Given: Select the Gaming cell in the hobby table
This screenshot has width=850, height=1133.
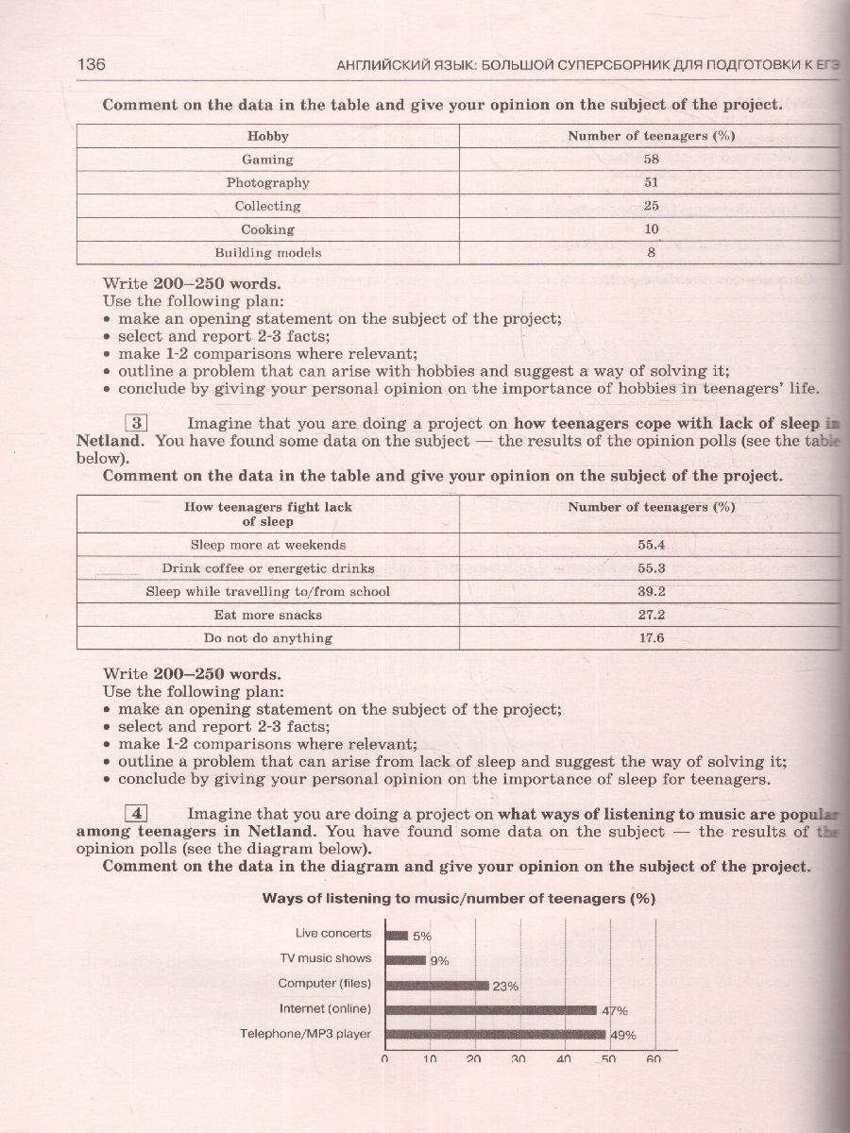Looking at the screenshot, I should pyautogui.click(x=268, y=160).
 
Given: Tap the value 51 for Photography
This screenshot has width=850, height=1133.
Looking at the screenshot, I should pyautogui.click(x=652, y=182).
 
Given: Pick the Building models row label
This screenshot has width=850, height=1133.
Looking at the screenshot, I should pyautogui.click(x=268, y=252).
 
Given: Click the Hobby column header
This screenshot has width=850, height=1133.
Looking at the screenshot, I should pyautogui.click(x=268, y=136).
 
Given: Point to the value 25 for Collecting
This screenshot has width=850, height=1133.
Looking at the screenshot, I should pyautogui.click(x=652, y=206).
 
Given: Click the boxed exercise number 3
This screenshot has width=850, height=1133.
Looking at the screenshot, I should pyautogui.click(x=137, y=423).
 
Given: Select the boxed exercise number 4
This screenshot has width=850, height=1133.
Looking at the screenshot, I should pyautogui.click(x=137, y=813).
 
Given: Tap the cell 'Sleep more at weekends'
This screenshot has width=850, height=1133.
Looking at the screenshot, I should pyautogui.click(x=268, y=545).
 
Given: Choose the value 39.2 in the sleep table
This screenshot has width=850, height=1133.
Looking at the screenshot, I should pyautogui.click(x=652, y=591).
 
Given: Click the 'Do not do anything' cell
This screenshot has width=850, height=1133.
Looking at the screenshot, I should pyautogui.click(x=268, y=638).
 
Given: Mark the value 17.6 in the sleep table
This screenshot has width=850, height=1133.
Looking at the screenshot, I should pyautogui.click(x=652, y=638).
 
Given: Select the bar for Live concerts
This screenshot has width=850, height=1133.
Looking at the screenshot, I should pyautogui.click(x=397, y=935).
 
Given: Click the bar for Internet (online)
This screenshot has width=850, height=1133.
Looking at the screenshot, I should pyautogui.click(x=491, y=1009).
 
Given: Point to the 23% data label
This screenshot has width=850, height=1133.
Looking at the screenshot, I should pyautogui.click(x=505, y=987).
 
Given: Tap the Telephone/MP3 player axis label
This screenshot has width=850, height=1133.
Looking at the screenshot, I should pyautogui.click(x=305, y=1034).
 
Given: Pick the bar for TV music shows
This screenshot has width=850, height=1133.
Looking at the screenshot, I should pyautogui.click(x=405, y=959).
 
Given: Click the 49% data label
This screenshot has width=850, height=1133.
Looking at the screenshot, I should pyautogui.click(x=623, y=1035).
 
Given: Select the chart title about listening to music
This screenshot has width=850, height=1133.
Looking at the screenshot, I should pyautogui.click(x=458, y=899).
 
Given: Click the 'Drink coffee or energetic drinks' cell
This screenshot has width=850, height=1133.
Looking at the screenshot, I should pyautogui.click(x=268, y=568).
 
